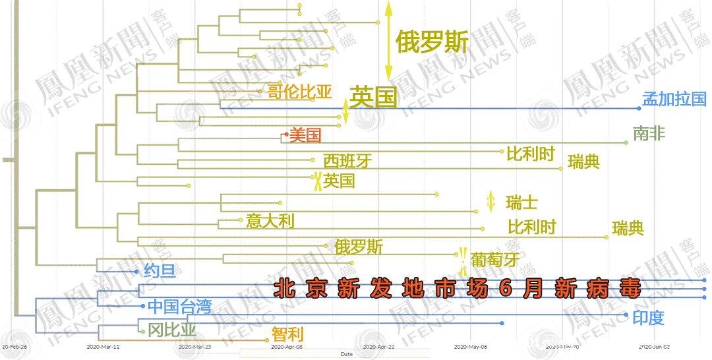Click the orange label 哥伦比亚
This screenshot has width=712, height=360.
(299, 92)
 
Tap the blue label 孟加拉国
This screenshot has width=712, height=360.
(674, 100)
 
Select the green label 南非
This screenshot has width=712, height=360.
(649, 135)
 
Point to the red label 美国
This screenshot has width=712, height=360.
(305, 136)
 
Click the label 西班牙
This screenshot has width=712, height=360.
(347, 161)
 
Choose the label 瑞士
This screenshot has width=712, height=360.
(521, 202)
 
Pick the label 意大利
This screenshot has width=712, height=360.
(270, 221)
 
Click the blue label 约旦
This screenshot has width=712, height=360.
(160, 271)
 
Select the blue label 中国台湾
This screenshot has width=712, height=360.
(179, 306)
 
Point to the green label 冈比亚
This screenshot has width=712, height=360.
(171, 329)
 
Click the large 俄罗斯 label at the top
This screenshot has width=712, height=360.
(432, 43)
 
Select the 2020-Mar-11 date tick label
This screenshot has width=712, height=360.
(103, 346)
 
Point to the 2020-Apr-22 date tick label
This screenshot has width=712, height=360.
(377, 346)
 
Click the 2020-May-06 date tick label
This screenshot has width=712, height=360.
(471, 346)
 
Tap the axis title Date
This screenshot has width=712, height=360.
(346, 354)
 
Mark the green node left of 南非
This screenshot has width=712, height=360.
(625, 142)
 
